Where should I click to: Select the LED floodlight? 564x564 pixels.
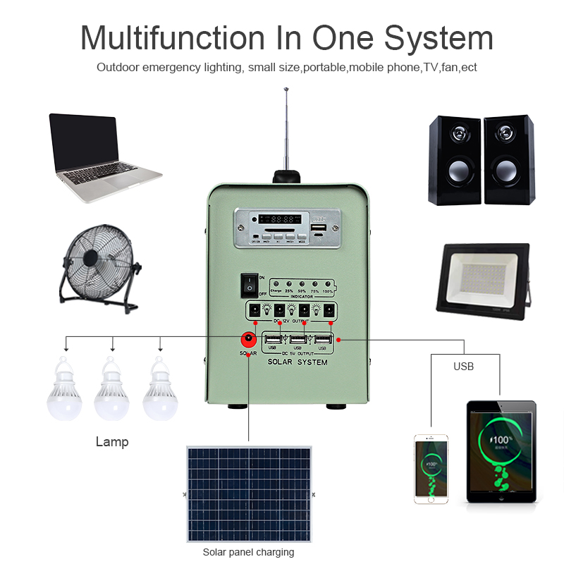(x=484, y=282)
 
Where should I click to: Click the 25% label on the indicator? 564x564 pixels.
(x=288, y=291)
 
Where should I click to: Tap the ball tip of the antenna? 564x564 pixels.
(x=286, y=90)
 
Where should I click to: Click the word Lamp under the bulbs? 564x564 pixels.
(x=112, y=442)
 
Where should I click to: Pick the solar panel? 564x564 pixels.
(x=247, y=493)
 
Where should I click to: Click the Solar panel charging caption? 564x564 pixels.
(x=248, y=552)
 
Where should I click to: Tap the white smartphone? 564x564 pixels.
(x=431, y=469)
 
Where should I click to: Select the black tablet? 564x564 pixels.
(x=501, y=451)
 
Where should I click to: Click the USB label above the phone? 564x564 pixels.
(x=463, y=367)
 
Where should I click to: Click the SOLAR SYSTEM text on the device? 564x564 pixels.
(x=297, y=362)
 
